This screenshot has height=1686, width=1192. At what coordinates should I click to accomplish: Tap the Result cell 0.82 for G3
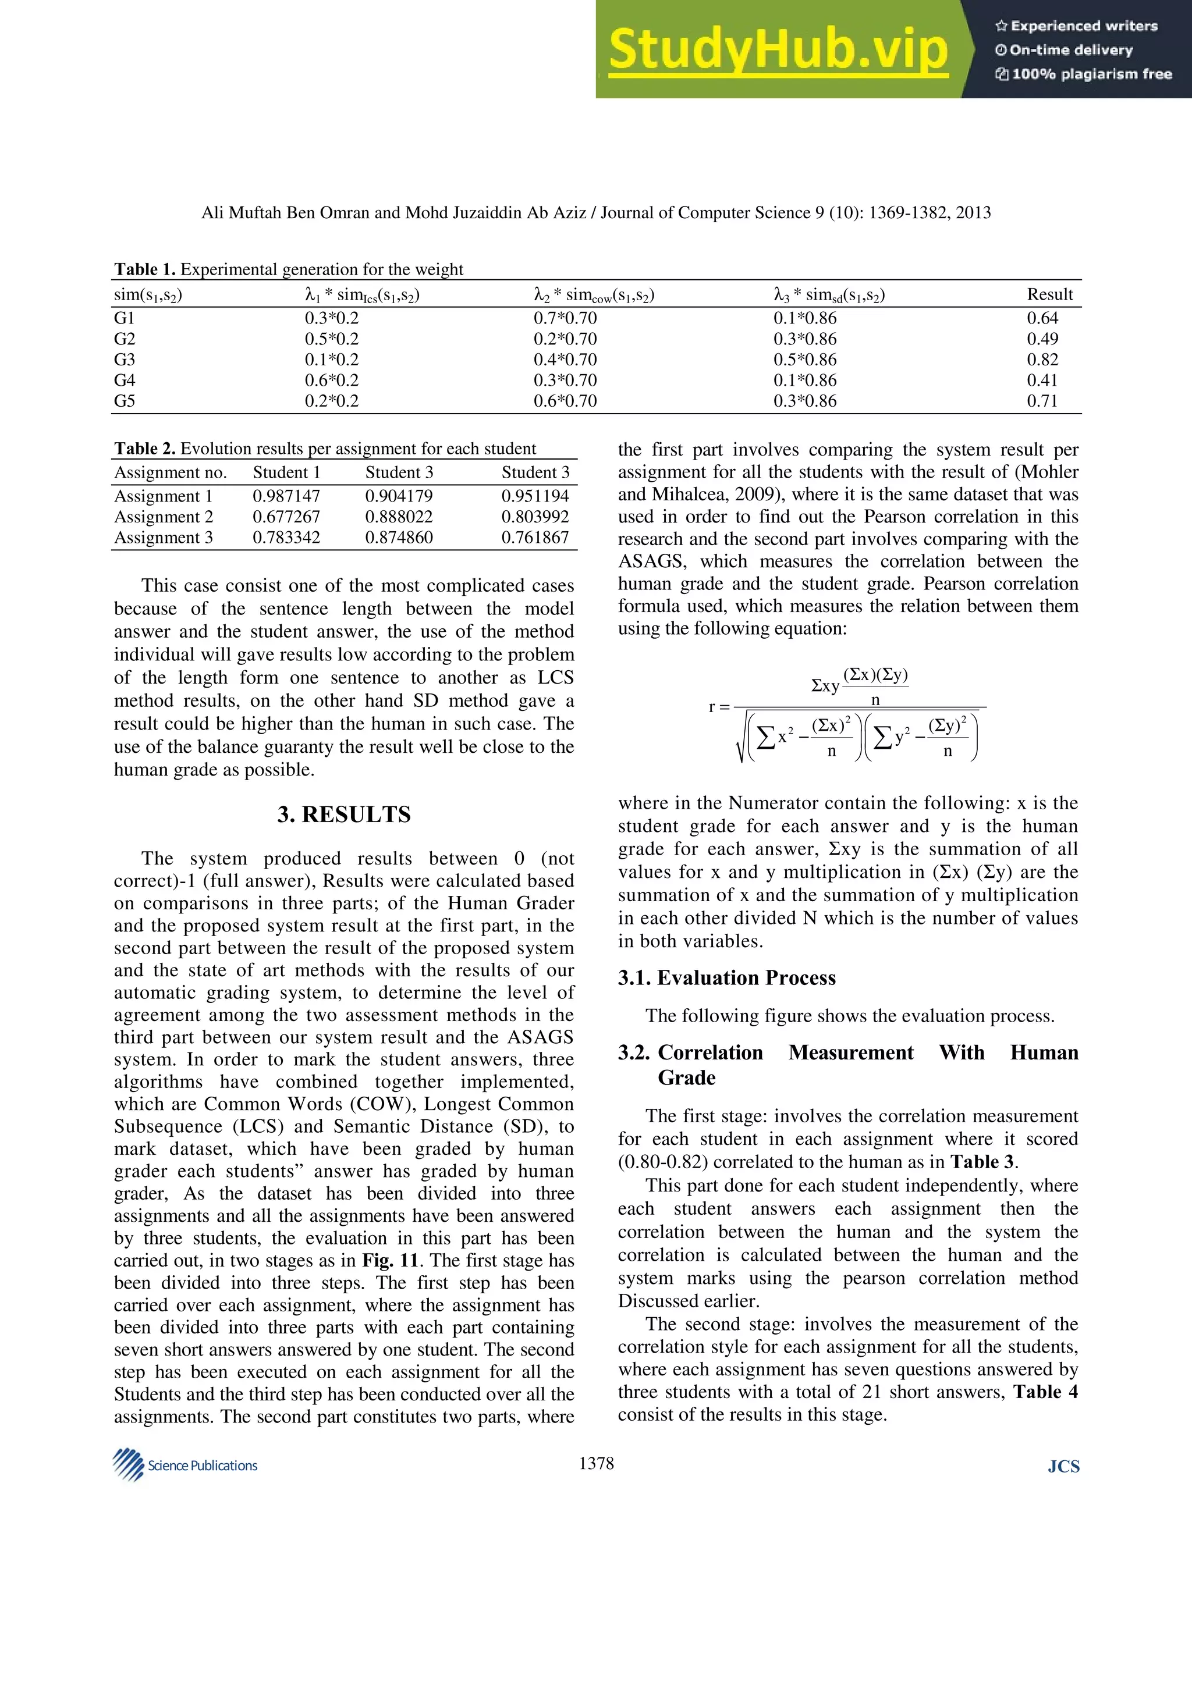click(x=1042, y=360)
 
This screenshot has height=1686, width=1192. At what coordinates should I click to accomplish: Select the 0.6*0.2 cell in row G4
click(x=332, y=380)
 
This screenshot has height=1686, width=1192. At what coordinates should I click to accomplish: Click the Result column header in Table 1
click(x=1049, y=294)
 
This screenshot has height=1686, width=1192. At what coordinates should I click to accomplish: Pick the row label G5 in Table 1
click(x=125, y=401)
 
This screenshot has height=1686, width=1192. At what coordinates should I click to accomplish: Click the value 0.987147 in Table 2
click(x=286, y=496)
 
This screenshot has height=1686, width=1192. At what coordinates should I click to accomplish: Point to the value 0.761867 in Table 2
click(x=535, y=538)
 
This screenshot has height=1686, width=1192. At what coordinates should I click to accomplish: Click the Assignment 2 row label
click(x=163, y=517)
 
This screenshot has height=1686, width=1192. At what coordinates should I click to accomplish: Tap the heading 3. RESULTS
click(x=344, y=814)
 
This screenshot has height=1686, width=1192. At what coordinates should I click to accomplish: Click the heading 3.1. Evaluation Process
click(x=726, y=978)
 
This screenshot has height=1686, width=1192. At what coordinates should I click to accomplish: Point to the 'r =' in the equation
click(x=719, y=707)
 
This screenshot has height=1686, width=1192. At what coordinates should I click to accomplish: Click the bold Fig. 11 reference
click(x=389, y=1260)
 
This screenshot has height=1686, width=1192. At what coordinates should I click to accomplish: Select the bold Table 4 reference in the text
click(x=1045, y=1392)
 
